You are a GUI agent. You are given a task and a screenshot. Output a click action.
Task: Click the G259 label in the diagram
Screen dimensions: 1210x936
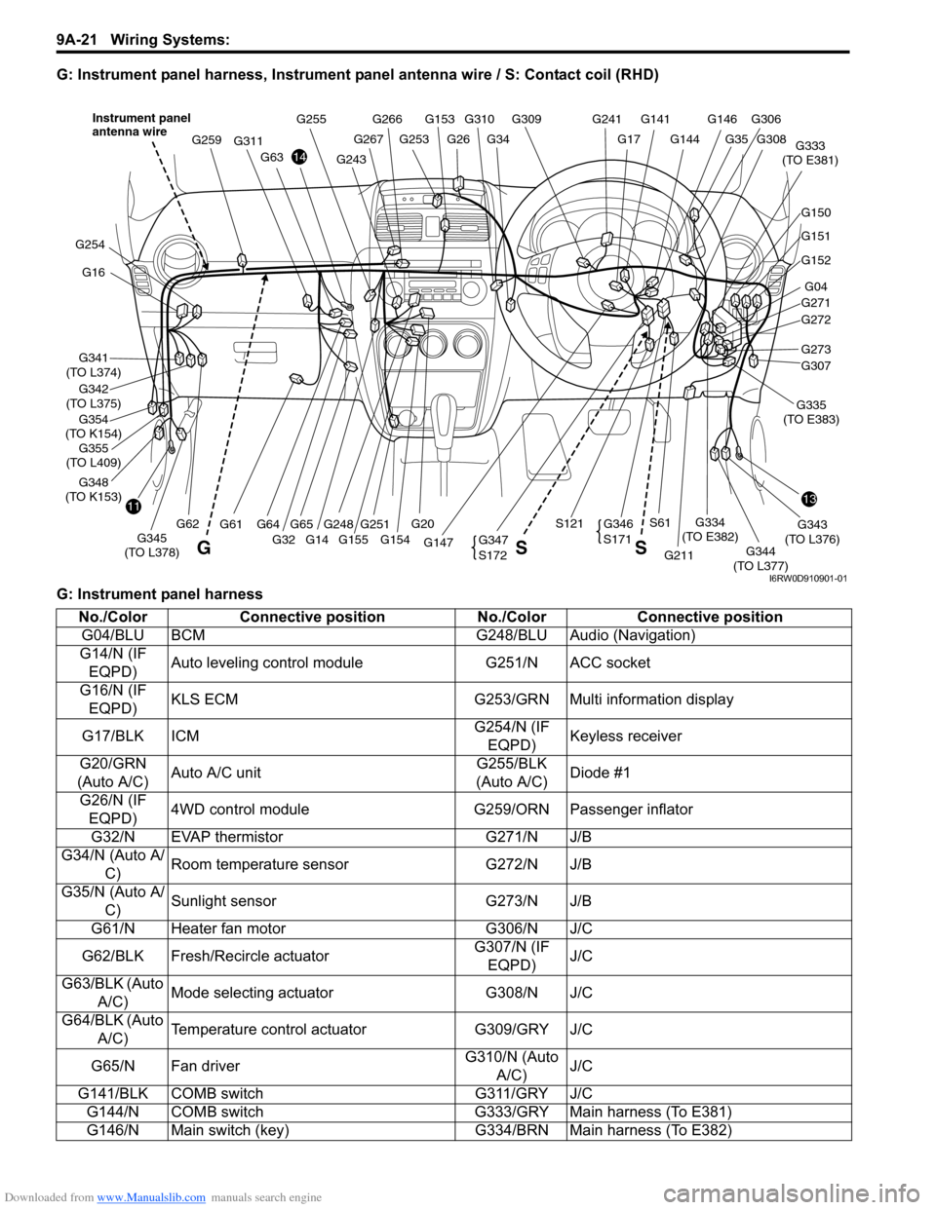tap(207, 140)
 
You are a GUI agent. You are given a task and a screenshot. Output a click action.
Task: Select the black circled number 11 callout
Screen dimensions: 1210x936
tap(133, 507)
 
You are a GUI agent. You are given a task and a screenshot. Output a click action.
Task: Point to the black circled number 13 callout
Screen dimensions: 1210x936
tap(809, 499)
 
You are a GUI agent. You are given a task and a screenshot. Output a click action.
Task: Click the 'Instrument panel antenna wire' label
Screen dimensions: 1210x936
tap(141, 125)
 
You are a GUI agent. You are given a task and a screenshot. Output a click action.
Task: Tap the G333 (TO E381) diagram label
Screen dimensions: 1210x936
tap(810, 153)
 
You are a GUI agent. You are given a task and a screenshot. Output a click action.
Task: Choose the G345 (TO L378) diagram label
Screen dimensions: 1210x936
tap(151, 546)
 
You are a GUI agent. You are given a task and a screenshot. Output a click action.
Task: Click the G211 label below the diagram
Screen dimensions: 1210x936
tap(679, 555)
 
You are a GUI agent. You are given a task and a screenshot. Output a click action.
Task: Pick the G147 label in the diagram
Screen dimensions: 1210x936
tap(439, 543)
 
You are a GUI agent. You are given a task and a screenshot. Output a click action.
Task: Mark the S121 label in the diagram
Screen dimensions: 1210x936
tap(569, 524)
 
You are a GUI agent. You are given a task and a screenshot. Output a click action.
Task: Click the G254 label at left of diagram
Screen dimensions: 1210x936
tap(90, 245)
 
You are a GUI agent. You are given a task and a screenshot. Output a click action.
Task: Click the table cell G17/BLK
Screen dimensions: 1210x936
tap(113, 736)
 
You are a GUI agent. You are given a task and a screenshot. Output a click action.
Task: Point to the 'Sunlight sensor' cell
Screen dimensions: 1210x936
tap(223, 901)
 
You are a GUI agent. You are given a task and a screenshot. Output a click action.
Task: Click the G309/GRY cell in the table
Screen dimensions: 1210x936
tap(511, 1029)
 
